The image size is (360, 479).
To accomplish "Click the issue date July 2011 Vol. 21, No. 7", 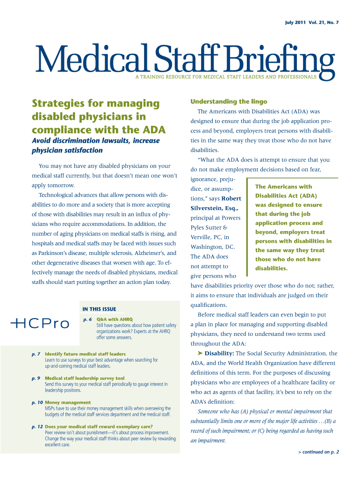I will point(312,23).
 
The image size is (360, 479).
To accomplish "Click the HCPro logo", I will point(39,323).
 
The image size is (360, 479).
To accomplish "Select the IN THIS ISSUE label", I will point(99,309).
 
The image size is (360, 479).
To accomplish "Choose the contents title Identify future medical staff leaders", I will point(85,354).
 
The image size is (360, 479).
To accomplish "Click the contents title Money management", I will point(68,402).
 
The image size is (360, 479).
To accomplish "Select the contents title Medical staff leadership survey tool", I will point(85,378).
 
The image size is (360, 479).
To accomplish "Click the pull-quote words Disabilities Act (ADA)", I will point(286,196).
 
